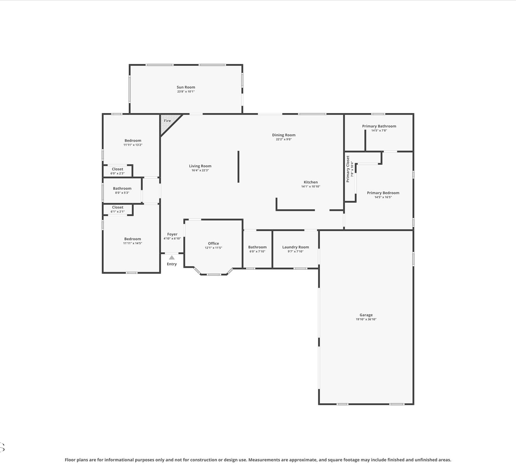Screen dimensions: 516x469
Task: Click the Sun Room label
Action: pos(186,87)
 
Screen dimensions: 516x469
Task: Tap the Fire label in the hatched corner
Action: pos(167,121)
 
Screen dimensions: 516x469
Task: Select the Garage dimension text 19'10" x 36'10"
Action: pos(366,319)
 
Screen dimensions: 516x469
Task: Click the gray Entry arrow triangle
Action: pos(172,257)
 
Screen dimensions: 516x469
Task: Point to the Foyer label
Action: pos(172,234)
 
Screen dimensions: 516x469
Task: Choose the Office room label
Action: pos(213,243)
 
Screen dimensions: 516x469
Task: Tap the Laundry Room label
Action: pos(295,247)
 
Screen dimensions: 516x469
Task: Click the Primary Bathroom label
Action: pos(379,126)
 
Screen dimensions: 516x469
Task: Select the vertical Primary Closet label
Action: pos(348,169)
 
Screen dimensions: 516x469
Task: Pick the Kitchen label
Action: pos(311,182)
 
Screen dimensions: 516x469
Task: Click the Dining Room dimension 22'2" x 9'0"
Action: pos(284,139)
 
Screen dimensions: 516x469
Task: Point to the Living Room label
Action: pos(200,166)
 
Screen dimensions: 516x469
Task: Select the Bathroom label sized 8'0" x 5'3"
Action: pos(122,188)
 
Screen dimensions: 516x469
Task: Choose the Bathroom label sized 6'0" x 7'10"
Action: pos(257,247)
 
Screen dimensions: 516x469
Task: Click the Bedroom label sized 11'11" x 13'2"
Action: pos(133,141)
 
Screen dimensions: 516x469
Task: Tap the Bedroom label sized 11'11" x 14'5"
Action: pos(132,239)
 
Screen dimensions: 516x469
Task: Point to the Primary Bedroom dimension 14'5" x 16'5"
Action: pos(383,197)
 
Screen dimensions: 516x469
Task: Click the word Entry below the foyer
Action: pos(172,264)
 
